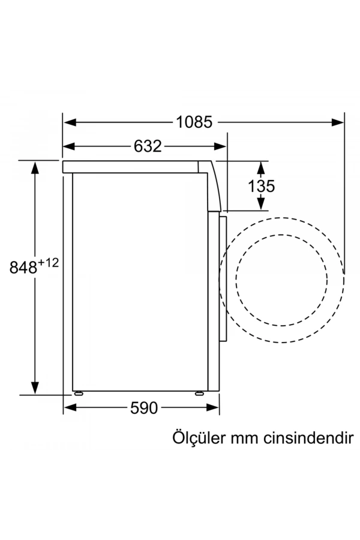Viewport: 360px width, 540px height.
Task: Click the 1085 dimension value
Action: [194, 122]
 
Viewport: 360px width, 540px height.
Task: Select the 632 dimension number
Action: [147, 146]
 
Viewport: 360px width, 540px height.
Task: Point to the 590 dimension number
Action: [143, 408]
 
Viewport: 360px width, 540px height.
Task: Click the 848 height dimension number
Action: [23, 267]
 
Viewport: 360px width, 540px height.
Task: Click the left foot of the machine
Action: [77, 394]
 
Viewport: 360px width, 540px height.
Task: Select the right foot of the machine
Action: [199, 394]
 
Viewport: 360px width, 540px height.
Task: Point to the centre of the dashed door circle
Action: [282, 280]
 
